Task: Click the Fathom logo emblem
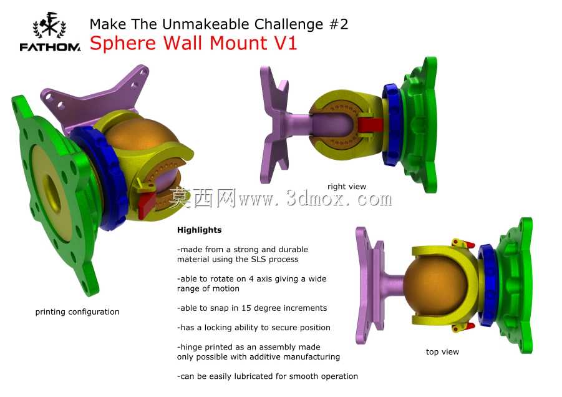tap(49, 25)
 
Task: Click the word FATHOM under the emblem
tap(50, 47)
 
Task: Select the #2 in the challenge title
tap(338, 24)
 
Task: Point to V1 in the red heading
tap(285, 42)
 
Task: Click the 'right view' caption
tap(347, 187)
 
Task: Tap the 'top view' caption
tap(442, 352)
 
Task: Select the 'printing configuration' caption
tap(77, 312)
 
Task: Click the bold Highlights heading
tap(199, 230)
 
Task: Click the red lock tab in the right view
tap(371, 125)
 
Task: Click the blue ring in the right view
tap(391, 125)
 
